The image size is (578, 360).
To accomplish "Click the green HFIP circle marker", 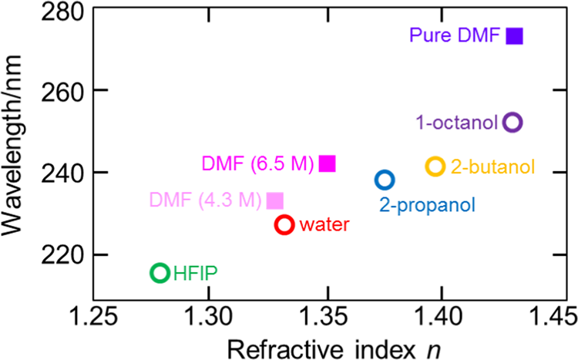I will (160, 272).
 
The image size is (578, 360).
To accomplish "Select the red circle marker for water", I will (284, 224).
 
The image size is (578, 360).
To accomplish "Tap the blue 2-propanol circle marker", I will (385, 180).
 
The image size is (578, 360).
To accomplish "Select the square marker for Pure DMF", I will (514, 35).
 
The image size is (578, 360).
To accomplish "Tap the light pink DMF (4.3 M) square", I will (274, 200).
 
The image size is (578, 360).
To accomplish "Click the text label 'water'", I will (324, 225).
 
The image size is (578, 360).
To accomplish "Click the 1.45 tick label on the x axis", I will (555, 315).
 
